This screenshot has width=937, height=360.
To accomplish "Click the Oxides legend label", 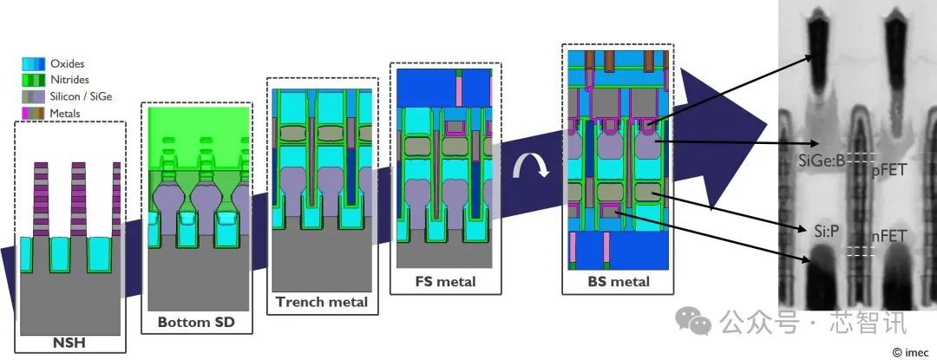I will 68,64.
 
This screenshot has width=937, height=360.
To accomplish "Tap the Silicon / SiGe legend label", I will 82,96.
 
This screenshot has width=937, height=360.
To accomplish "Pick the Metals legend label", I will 66,113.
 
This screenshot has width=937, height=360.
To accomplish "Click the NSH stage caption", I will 69,344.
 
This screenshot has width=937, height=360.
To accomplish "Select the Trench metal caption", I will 322,302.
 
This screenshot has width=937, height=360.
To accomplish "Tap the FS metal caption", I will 445,281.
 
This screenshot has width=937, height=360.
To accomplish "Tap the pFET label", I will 888,172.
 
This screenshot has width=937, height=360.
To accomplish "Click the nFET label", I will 888,236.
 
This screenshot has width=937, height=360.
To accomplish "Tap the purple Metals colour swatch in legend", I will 34,113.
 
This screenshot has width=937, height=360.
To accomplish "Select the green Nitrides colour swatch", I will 34,80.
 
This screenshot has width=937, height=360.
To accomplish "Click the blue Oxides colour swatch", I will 34,64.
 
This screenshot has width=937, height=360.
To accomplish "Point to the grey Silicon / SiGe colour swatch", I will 34,96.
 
